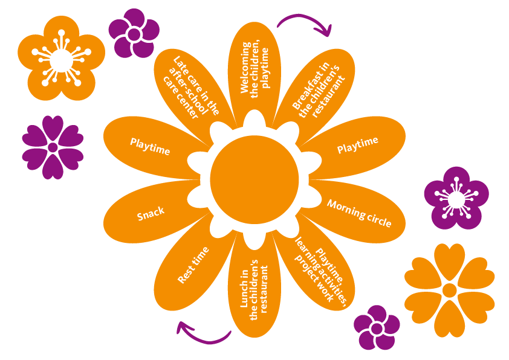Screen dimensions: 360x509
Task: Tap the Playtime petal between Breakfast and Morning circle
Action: pyautogui.click(x=358, y=146)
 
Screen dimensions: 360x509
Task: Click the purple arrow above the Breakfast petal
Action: pyautogui.click(x=305, y=23)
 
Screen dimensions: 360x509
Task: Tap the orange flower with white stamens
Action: pyautogui.click(x=60, y=60)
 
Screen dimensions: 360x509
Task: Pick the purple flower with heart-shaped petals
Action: pyautogui.click(x=53, y=147)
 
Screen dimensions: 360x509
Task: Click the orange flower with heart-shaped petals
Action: pyautogui.click(x=449, y=290)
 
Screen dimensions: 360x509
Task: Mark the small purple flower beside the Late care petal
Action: pyautogui.click(x=134, y=34)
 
